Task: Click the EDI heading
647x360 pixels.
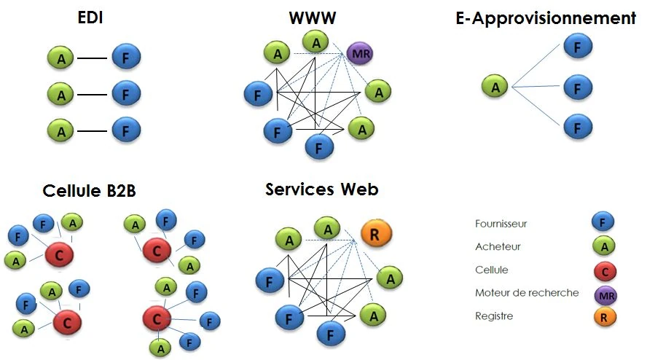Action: [x=90, y=17]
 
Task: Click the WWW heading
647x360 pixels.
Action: [x=312, y=17]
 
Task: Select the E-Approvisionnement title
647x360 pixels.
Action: [x=546, y=18]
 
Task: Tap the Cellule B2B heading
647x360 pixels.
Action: [x=89, y=191]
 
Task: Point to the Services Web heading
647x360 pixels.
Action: [x=321, y=189]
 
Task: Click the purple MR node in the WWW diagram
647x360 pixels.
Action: [x=358, y=53]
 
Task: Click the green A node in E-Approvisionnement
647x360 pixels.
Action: [x=495, y=87]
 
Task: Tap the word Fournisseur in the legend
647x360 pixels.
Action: [x=501, y=224]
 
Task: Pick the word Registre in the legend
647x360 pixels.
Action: [x=494, y=316]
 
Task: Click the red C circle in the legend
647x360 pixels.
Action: [x=605, y=272]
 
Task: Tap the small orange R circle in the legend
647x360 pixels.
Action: [x=605, y=318]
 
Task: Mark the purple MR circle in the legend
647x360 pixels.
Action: [x=605, y=295]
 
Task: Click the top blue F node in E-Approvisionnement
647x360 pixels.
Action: [x=577, y=47]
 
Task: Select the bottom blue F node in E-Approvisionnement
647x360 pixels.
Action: [x=577, y=128]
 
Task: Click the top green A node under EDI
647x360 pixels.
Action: [x=61, y=58]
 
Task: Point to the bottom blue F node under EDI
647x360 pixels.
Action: [x=126, y=131]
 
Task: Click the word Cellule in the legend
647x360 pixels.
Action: [x=491, y=270]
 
